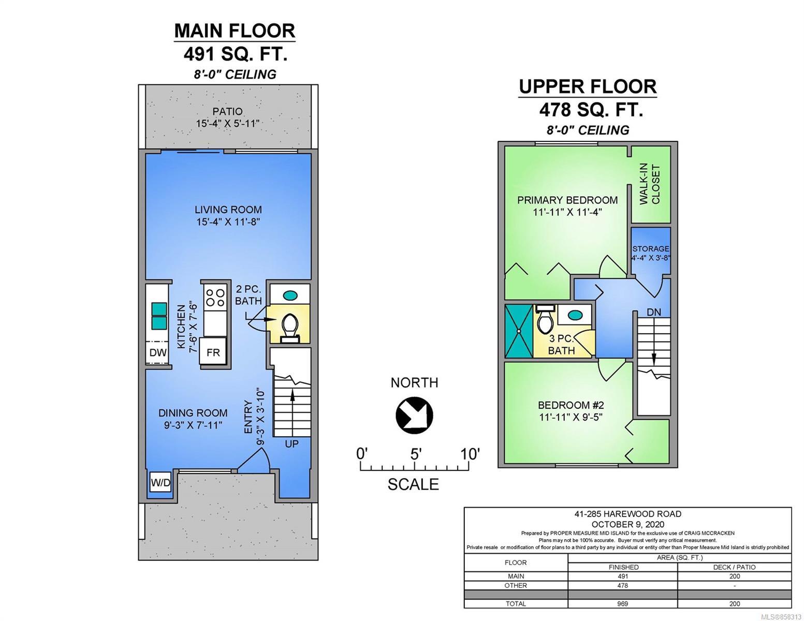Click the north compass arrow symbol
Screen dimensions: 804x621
tap(414, 415)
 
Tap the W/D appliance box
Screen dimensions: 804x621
tap(160, 482)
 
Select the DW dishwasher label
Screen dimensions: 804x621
tap(158, 352)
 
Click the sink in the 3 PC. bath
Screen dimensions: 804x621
tap(575, 315)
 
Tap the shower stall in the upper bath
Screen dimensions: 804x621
tap(519, 331)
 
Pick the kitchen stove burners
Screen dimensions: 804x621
tap(215, 298)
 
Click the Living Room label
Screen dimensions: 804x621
tap(228, 210)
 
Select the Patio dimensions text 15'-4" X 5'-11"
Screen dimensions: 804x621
tap(227, 124)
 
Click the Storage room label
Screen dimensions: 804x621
tap(650, 248)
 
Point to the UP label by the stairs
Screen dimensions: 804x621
tap(291, 443)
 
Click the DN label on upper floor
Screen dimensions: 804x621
tap(654, 312)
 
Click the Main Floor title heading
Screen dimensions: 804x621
tap(235, 31)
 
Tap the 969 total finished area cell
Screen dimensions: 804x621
tap(622, 603)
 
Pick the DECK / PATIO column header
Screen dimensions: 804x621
tap(735, 567)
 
